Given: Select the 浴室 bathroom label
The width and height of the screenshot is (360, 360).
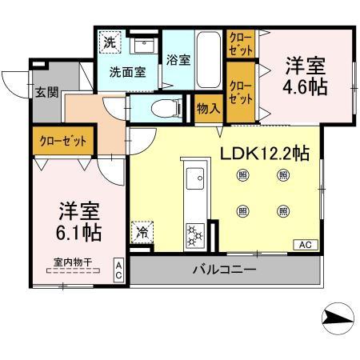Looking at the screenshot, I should coord(177,59).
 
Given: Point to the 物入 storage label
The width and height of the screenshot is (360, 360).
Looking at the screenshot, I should coord(208,107).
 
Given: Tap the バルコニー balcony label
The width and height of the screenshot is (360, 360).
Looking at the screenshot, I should coord(223,270).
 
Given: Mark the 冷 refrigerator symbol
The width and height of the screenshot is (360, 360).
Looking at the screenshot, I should coord(142,233).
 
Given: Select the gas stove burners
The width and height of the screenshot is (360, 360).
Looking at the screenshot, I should coord(195,234).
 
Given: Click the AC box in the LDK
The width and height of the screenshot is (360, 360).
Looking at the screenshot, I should coord(304,245).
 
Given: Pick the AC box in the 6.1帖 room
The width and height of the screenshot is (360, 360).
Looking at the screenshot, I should coord(118,269).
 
